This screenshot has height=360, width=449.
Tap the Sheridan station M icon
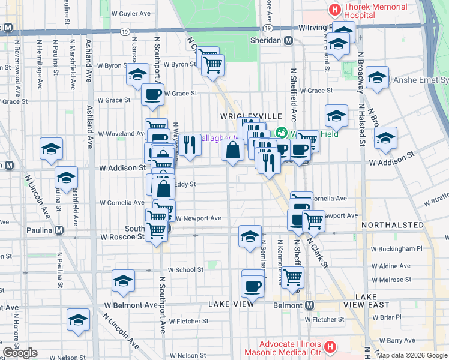pyautogui.click(x=288, y=40)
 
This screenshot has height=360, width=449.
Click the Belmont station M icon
pyautogui.click(x=309, y=305)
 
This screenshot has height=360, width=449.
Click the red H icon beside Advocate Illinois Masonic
pyautogui.click(x=329, y=347)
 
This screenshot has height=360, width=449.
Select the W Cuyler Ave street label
pyautogui.click(x=131, y=13)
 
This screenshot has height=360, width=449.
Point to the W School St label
pyautogui.click(x=185, y=270)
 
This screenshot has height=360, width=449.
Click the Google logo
pyautogui.click(x=20, y=353)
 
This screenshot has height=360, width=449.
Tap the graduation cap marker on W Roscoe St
pyautogui.click(x=250, y=236)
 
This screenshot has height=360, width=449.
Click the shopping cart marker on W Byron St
pyautogui.click(x=212, y=64)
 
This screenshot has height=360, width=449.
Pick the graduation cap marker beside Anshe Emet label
pyautogui.click(x=377, y=78)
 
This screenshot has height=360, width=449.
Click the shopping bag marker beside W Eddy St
pyautogui.click(x=164, y=189)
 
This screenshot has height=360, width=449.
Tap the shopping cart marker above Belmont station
pyautogui.click(x=292, y=277)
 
